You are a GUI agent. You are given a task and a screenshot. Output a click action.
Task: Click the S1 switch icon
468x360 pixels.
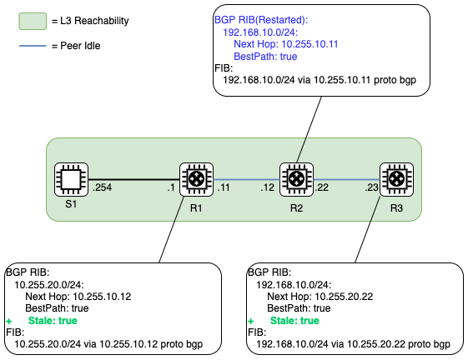(72, 179)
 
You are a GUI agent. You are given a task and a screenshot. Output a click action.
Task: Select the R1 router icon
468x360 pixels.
(196, 179)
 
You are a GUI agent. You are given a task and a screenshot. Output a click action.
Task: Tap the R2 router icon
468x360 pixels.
(296, 179)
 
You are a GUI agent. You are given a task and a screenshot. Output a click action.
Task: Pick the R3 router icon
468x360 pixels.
(396, 179)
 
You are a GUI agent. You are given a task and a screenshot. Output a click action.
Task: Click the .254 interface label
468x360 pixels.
(102, 187)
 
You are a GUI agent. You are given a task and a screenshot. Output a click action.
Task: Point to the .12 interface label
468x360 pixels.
(267, 187)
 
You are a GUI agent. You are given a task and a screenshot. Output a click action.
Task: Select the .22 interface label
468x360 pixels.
(322, 187)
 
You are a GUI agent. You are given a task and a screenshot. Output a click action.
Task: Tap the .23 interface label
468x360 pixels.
(371, 187)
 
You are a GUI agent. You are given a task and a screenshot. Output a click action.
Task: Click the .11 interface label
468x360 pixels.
(224, 187)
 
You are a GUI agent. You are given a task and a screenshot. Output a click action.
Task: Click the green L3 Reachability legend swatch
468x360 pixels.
(33, 21)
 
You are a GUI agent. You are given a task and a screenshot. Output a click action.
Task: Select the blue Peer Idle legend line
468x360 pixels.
(33, 46)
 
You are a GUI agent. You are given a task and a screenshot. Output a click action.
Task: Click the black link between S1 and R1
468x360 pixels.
(134, 179)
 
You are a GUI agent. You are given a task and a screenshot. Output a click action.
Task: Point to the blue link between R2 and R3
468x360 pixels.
(346, 179)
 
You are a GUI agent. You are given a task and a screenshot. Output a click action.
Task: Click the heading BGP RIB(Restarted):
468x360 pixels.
(261, 20)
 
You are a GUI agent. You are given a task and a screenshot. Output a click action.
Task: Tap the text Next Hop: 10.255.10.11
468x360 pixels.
(286, 44)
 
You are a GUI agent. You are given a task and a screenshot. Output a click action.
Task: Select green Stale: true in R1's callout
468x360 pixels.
(53, 321)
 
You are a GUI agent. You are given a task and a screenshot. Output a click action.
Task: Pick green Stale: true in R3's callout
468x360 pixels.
(294, 321)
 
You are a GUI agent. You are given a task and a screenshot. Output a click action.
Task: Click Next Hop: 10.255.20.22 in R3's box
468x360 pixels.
(320, 297)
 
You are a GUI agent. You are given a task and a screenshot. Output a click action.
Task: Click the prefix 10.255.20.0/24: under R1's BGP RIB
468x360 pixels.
(49, 285)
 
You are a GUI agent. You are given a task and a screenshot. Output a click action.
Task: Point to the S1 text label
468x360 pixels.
(71, 204)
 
